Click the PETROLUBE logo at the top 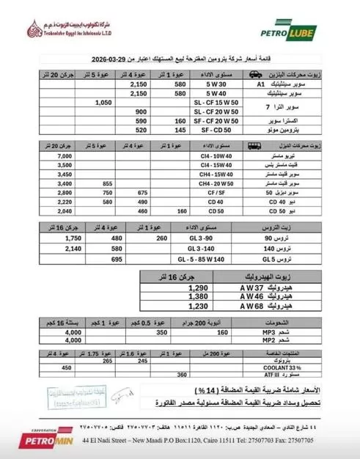click(x=298, y=30)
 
